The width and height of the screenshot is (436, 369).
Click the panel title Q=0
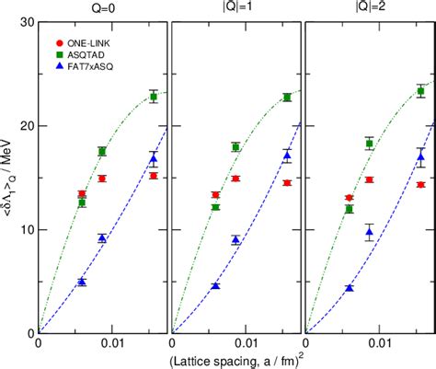[102, 9]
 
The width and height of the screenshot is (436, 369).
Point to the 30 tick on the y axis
[26, 22]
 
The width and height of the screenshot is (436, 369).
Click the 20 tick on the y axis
[26, 126]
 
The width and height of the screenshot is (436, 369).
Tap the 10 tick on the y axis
[26, 230]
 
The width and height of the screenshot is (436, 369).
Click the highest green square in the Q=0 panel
[154, 97]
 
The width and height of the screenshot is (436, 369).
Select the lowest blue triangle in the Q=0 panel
[82, 282]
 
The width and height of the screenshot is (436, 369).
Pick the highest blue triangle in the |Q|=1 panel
[287, 156]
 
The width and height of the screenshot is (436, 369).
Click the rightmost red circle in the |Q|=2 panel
[420, 184]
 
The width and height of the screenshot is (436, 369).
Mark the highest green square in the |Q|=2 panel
[420, 91]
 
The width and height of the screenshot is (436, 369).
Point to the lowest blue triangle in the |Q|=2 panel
[350, 288]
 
